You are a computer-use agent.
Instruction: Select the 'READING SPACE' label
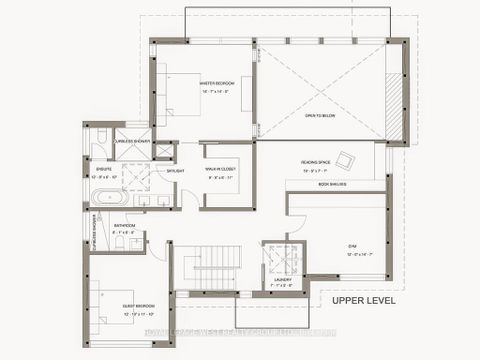point(316,161)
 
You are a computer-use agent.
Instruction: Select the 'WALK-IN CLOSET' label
point(220,170)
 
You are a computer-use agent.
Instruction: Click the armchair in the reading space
point(345,158)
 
